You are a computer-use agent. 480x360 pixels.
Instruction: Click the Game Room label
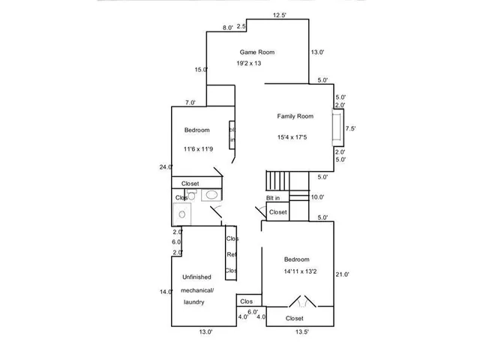256,52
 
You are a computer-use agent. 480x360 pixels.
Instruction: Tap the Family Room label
295,116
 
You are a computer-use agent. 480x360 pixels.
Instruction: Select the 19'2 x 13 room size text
249,64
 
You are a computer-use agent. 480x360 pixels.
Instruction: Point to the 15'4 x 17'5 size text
292,137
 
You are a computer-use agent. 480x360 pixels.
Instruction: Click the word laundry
194,301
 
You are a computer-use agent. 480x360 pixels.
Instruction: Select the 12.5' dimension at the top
280,15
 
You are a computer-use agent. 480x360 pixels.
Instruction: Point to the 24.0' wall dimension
166,167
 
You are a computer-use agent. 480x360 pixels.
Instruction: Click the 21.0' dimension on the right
342,274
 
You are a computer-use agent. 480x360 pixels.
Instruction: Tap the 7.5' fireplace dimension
350,128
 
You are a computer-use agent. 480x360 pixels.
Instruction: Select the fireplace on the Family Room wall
337,128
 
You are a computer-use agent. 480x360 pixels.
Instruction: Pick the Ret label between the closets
232,255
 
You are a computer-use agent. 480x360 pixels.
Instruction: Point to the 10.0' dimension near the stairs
317,197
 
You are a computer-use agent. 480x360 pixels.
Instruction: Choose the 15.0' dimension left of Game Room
200,70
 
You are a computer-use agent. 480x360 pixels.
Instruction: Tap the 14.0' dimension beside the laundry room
166,292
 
